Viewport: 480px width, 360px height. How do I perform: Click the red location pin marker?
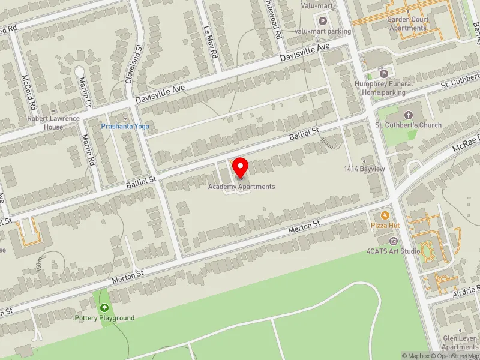[x=241, y=167]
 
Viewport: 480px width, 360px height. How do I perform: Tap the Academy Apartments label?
[x=242, y=187]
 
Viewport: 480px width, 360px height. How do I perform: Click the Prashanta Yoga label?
[x=125, y=127]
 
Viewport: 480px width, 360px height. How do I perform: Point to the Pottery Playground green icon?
[x=105, y=307]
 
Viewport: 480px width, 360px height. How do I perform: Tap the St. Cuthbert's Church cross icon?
[x=409, y=115]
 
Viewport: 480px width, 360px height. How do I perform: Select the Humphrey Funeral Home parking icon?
[x=384, y=74]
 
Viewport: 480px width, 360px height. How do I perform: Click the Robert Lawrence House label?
[x=53, y=122]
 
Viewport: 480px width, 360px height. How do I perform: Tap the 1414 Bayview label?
[x=364, y=170]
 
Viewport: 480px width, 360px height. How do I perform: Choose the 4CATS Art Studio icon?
[x=394, y=241]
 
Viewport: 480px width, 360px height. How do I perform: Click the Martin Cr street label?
[x=83, y=89]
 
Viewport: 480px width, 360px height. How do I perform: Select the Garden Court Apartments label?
[x=407, y=23]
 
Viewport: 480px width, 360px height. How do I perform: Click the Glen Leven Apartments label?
[x=460, y=343]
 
